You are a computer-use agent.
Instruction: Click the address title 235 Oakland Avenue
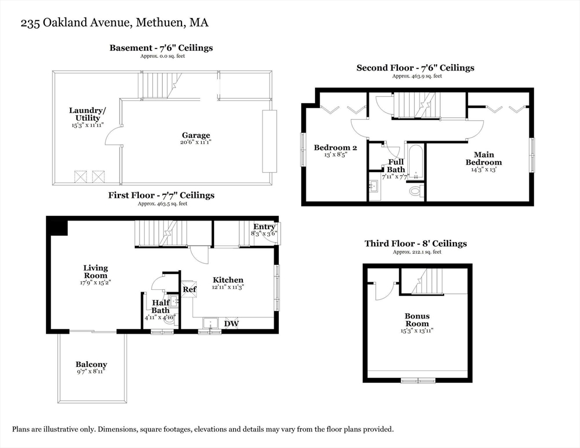(114, 23)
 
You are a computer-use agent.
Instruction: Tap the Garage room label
(195, 135)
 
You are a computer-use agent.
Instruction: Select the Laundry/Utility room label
(88, 114)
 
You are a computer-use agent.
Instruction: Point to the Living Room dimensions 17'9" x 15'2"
(95, 282)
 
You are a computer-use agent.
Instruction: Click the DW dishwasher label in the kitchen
(232, 323)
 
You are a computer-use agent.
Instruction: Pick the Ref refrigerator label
(190, 289)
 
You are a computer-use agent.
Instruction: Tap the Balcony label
(91, 365)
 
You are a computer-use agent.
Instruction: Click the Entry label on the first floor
(264, 226)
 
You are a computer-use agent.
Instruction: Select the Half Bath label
(160, 306)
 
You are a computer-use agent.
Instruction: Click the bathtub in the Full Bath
(415, 161)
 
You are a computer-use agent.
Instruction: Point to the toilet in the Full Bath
(416, 191)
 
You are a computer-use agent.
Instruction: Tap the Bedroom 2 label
(335, 148)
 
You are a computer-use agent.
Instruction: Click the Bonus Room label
(417, 320)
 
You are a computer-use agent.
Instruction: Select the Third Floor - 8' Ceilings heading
(415, 243)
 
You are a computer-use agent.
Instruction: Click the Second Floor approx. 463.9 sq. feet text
(417, 76)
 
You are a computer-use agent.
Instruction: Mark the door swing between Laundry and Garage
(113, 135)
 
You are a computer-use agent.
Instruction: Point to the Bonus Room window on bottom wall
(418, 380)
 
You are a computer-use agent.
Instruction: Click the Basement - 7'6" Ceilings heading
(161, 48)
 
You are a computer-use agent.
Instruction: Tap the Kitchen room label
(228, 280)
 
